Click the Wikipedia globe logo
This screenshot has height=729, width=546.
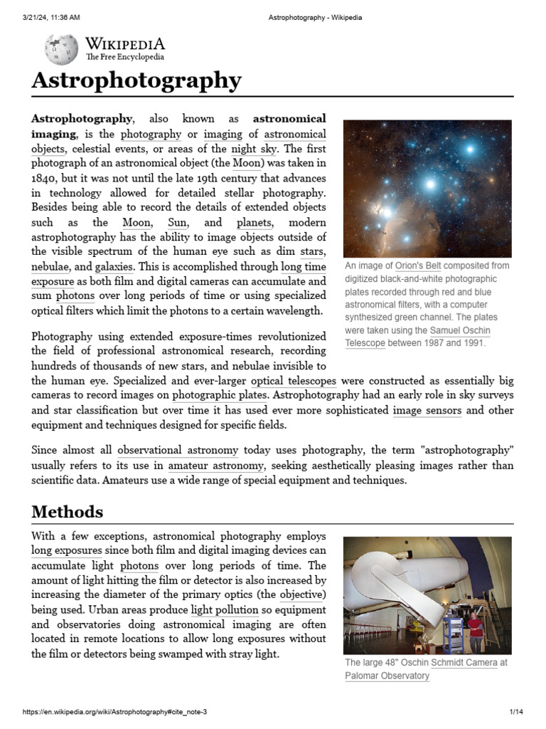click(61, 49)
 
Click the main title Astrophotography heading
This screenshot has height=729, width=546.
click(136, 80)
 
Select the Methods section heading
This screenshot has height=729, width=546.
click(68, 511)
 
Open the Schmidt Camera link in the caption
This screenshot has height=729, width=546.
click(464, 662)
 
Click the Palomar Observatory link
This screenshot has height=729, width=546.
click(387, 676)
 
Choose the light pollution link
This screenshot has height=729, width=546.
click(224, 609)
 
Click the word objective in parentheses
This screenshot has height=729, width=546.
click(302, 594)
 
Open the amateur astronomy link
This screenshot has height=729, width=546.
click(216, 465)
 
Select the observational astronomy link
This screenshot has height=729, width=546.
click(178, 450)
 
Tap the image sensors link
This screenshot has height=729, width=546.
click(427, 410)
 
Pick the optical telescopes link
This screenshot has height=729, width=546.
click(294, 381)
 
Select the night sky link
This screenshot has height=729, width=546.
click(252, 149)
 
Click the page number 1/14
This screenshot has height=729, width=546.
click(516, 712)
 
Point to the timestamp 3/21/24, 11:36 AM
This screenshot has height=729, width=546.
click(51, 18)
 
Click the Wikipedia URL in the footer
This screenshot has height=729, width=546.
click(115, 712)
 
